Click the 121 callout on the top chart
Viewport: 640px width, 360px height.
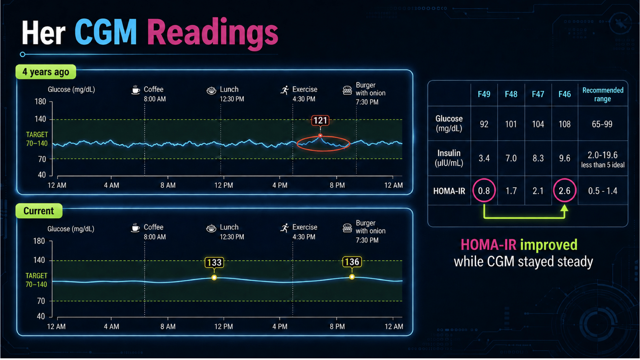tap(320, 120)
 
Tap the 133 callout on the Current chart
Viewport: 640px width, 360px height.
tap(214, 262)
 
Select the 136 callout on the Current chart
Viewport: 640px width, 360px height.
tap(352, 262)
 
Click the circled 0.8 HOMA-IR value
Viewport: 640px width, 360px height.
tap(484, 191)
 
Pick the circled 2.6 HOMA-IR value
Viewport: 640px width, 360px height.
tap(564, 191)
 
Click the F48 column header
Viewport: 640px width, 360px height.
tap(511, 94)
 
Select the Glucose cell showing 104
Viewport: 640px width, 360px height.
tap(538, 124)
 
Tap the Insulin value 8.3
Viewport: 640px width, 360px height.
tap(538, 158)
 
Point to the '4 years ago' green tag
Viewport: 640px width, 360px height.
tap(46, 72)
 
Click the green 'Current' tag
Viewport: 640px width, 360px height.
tap(39, 211)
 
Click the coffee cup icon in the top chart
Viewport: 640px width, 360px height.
tap(136, 90)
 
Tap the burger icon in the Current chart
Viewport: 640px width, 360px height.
tap(347, 228)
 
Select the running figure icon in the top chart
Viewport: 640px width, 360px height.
tap(285, 90)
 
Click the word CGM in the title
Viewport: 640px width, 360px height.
tap(106, 32)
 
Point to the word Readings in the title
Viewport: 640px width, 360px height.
tap(213, 33)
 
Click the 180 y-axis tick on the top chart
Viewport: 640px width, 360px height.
tap(40, 101)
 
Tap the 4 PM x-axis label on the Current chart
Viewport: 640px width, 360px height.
tap(280, 326)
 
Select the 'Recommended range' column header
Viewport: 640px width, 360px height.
tap(603, 95)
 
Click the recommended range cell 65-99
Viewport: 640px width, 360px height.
tap(602, 124)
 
